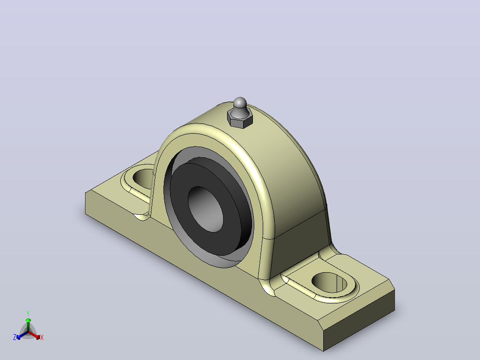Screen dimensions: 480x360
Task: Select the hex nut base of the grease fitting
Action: coord(240,120)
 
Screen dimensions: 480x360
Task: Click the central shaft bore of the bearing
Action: coord(205,209)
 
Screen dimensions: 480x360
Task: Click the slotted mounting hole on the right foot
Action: coord(329,282)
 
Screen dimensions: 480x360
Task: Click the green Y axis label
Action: coord(28,313)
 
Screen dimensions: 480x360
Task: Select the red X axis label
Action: coord(42,337)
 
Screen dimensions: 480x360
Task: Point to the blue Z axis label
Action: coord(15,337)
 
